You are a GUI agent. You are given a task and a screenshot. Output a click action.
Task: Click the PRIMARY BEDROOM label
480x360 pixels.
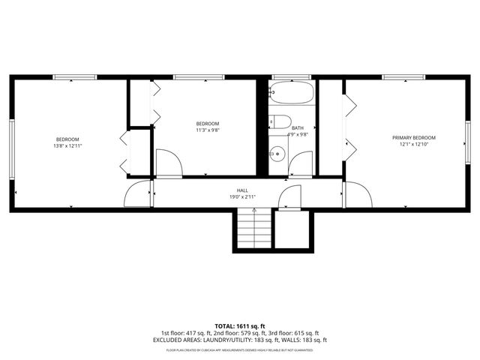(413, 138)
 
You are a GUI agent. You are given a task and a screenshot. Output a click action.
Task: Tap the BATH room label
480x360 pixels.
(298, 128)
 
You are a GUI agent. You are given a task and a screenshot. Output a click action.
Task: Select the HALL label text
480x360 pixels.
(242, 190)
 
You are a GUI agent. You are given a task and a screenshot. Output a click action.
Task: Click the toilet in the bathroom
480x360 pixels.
(280, 122)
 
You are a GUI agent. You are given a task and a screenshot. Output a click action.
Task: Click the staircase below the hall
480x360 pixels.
(253, 228)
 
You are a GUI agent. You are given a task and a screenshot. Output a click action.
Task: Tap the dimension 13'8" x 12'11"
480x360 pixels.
(67, 146)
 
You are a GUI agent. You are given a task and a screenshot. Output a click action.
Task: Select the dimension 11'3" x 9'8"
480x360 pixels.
(208, 130)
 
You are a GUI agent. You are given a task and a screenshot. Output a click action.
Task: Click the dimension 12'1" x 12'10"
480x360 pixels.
(413, 145)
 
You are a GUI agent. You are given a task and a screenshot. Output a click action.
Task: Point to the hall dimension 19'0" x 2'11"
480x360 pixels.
(242, 197)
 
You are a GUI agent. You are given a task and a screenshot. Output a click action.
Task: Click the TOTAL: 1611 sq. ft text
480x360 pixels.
(240, 327)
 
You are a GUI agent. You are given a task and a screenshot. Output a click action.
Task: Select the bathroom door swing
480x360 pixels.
(302, 164)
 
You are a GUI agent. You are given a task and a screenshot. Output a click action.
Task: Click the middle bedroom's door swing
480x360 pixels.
(169, 163)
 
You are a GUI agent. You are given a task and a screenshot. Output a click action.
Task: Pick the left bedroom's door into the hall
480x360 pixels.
(138, 194)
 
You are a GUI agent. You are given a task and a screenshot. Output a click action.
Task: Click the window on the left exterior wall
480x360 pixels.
(11, 148)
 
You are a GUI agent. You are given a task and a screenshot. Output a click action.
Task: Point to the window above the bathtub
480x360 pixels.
(291, 76)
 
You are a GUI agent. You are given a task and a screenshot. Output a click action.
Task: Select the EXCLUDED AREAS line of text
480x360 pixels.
(240, 340)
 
